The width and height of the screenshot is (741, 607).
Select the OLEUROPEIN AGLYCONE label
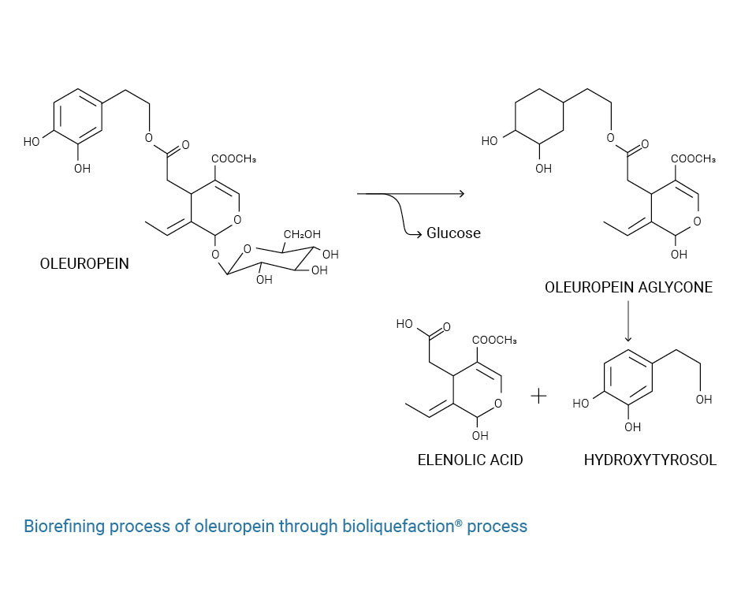click(628, 288)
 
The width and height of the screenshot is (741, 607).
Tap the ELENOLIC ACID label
click(470, 460)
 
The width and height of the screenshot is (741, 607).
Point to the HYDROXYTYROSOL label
click(650, 460)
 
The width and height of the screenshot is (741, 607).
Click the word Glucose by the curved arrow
click(453, 233)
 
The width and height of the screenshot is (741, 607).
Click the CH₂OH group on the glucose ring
click(302, 234)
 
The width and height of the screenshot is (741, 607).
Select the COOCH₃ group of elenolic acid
click(494, 341)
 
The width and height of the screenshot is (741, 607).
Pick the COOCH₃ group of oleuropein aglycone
click(693, 159)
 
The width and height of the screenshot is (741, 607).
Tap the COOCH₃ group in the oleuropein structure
click(233, 159)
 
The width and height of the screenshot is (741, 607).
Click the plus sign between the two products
click(538, 396)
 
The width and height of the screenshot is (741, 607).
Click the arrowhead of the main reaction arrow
click(460, 193)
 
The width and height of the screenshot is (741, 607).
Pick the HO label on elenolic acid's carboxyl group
click(405, 324)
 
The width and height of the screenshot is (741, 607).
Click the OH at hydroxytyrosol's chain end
click(704, 400)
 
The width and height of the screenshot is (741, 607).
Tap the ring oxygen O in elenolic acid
click(499, 403)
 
